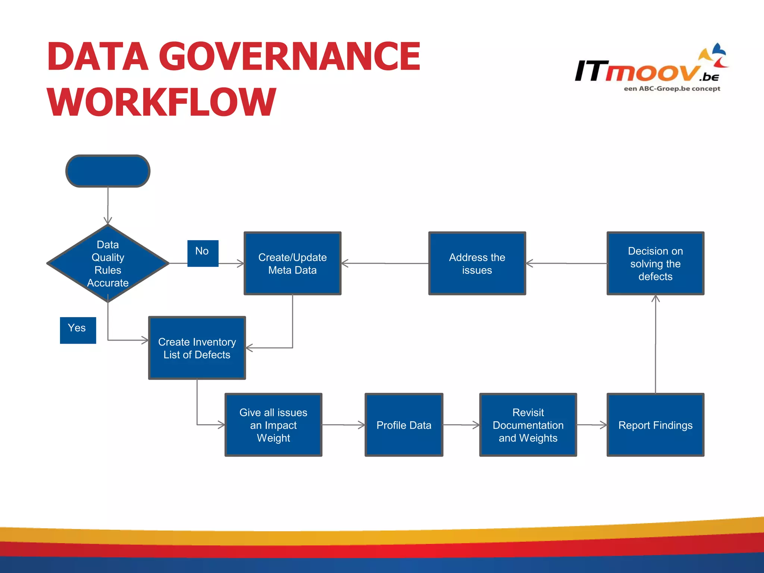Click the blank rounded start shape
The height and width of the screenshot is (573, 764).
(108, 171)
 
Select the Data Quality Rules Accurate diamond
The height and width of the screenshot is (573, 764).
(108, 263)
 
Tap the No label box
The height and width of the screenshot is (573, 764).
(203, 253)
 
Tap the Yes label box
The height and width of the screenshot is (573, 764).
(78, 330)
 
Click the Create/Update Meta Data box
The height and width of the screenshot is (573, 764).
(292, 263)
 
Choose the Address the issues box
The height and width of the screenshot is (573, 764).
(477, 263)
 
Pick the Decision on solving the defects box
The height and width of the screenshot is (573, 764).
(655, 263)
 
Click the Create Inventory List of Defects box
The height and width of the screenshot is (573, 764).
(197, 348)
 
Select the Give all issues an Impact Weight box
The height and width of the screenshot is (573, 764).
(273, 425)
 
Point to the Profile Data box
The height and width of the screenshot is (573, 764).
(404, 425)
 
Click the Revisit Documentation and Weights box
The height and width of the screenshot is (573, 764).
(528, 425)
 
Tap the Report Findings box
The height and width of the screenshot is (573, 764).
(655, 425)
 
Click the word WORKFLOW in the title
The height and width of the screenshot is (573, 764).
(161, 102)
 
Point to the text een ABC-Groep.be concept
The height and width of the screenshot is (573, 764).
(672, 89)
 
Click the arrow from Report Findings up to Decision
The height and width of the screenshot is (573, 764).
(655, 343)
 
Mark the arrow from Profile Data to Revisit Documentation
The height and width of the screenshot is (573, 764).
(461, 425)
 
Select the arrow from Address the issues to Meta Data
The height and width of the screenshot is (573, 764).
(384, 263)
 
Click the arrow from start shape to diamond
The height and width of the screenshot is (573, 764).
(108, 205)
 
